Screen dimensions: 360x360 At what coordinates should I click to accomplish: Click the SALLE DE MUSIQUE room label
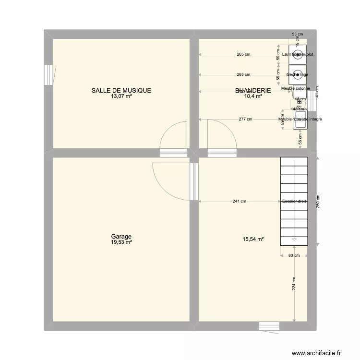click(121, 90)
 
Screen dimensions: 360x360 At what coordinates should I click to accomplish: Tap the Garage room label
click(121, 237)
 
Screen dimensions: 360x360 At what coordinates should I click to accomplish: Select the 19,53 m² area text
click(121, 242)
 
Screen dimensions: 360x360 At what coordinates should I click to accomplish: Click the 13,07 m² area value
click(121, 96)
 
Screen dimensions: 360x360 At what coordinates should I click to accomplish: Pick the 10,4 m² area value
click(253, 96)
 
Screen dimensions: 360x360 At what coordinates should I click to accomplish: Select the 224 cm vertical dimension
click(294, 287)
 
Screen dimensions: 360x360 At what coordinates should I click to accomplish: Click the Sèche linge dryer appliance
click(298, 74)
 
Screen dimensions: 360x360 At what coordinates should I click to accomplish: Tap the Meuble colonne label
click(296, 88)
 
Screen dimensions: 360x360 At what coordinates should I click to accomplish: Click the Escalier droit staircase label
click(294, 202)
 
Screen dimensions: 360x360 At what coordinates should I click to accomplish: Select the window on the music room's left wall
click(48, 75)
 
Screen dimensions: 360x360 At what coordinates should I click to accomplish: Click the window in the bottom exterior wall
click(269, 326)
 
